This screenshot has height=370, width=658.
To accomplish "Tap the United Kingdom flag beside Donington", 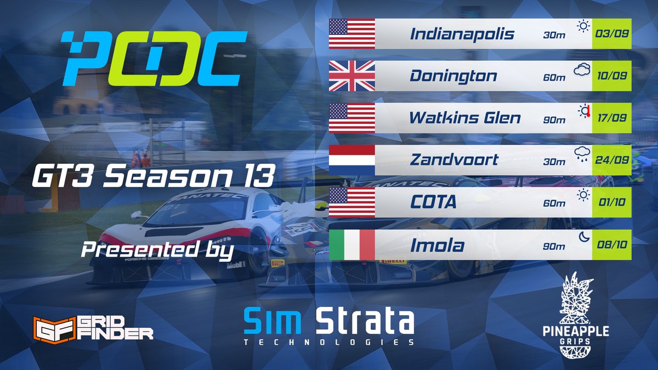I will (351, 76).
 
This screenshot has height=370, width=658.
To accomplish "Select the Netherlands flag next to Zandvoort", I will (351, 160).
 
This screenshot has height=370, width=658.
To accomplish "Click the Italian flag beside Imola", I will (351, 244).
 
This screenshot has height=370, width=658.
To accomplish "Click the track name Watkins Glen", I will (466, 118).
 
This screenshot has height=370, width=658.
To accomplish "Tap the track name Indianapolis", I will (462, 34).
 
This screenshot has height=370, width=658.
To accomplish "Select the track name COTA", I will (433, 202).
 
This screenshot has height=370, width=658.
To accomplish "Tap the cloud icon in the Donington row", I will (582, 69).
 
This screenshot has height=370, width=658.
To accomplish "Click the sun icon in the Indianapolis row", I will (582, 26).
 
